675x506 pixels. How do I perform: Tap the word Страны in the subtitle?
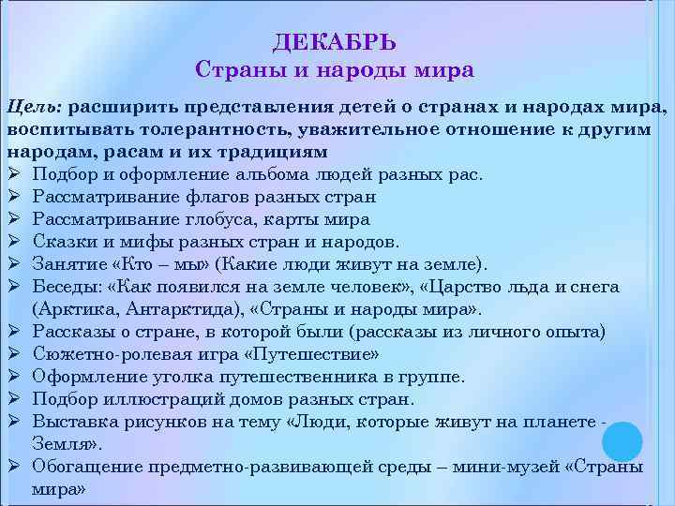coord(233,70)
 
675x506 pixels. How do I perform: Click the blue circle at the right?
coord(620,440)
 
